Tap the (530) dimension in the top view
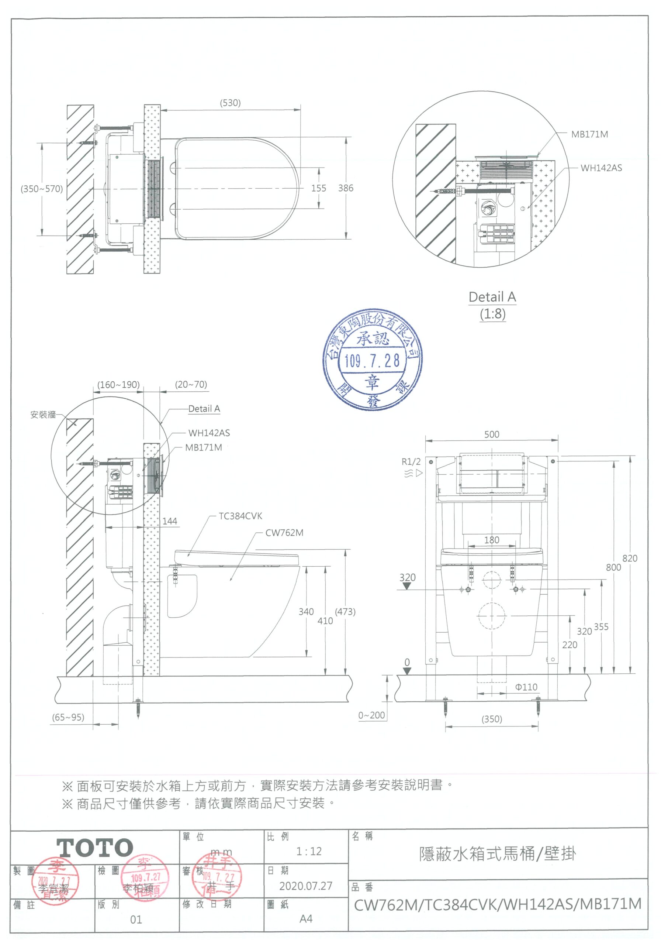[x=230, y=103]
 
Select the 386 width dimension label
[x=346, y=188]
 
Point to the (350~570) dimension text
[x=42, y=189]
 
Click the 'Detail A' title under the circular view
[x=492, y=297]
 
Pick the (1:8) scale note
[x=492, y=314]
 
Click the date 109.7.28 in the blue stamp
[x=372, y=361]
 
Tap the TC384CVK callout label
[x=240, y=516]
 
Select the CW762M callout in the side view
[x=284, y=533]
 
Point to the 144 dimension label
[x=169, y=521]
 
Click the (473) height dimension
[x=345, y=612]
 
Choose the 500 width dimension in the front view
[x=492, y=434]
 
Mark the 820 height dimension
[x=629, y=558]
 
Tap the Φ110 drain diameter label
[x=526, y=687]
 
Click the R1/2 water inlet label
[x=411, y=462]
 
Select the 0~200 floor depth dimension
[x=371, y=715]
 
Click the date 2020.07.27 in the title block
[x=306, y=886]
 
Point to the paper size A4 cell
[x=306, y=919]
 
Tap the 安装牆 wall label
[x=43, y=415]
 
